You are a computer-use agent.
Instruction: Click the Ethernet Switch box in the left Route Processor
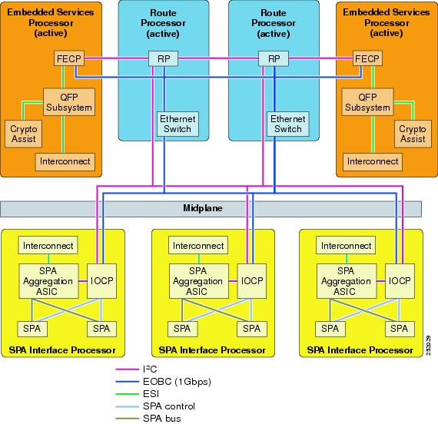pyautogui.click(x=178, y=124)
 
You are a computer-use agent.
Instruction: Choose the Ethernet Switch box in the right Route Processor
pyautogui.click(x=288, y=124)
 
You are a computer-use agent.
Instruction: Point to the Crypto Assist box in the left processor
pyautogui.click(x=24, y=134)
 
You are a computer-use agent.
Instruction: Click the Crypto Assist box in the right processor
pyautogui.click(x=413, y=134)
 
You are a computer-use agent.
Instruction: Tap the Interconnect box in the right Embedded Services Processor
pyautogui.click(x=373, y=161)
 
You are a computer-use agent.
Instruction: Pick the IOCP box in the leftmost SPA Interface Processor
pyautogui.click(x=101, y=281)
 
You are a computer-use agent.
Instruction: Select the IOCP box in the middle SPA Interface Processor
pyautogui.click(x=251, y=281)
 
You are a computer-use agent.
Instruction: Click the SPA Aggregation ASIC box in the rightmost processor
pyautogui.click(x=346, y=281)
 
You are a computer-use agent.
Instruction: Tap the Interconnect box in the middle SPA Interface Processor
pyautogui.click(x=197, y=246)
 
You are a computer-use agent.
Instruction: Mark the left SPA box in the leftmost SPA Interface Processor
pyautogui.click(x=33, y=328)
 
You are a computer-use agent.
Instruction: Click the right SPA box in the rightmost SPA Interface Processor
pyautogui.click(x=399, y=328)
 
